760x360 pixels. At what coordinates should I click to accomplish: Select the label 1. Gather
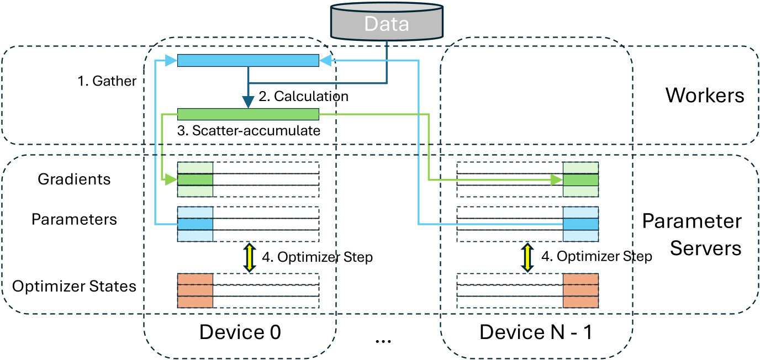pos(107,81)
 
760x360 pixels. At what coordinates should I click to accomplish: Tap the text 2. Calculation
pos(303,96)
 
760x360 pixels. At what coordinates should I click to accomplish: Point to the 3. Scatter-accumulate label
pos(249,131)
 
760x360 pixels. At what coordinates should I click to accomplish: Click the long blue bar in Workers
pos(248,61)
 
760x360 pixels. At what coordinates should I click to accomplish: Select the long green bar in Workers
pos(248,114)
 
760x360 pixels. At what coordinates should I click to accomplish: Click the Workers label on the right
pos(705,95)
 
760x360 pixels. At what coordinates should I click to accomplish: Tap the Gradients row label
pos(74,179)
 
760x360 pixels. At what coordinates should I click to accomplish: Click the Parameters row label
pos(74,219)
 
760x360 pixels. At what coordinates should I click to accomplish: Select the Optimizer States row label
pos(74,286)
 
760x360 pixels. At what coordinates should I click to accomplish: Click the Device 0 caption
pos(240,332)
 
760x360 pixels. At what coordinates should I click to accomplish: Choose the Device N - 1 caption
pos(536,332)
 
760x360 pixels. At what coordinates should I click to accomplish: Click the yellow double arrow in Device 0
pos(249,257)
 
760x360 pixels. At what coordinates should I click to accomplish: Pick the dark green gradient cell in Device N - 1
pos(580,179)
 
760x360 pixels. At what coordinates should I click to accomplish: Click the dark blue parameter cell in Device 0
pos(195,224)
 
